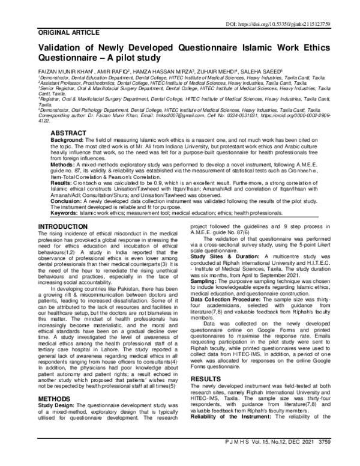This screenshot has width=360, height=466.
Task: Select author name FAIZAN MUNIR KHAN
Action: [x=64, y=71]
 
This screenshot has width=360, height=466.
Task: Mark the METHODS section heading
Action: [x=55, y=381]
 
